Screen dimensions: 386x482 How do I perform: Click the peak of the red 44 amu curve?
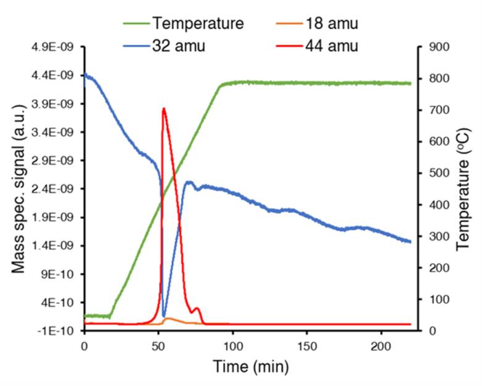[164, 109]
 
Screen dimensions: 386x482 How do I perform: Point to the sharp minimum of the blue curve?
[164, 316]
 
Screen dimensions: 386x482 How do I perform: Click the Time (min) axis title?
[251, 367]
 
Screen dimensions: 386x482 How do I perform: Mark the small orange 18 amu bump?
[168, 319]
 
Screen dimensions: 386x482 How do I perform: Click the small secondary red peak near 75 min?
[197, 308]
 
